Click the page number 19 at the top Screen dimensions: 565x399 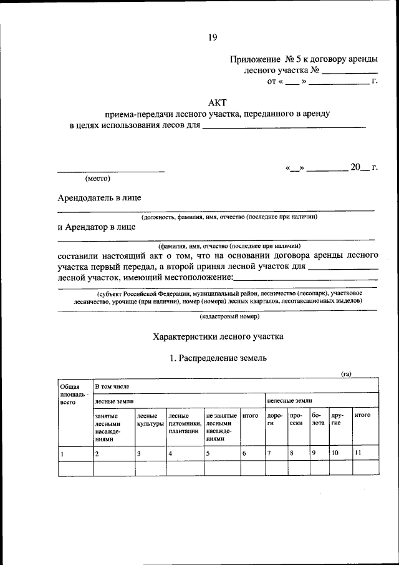click(x=213, y=37)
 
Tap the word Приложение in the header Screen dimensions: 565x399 click(x=254, y=59)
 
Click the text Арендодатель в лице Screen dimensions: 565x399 click(x=99, y=198)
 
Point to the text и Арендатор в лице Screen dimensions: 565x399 click(x=97, y=227)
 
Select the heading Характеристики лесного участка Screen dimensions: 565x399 click(x=218, y=337)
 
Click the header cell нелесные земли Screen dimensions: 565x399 click(x=289, y=400)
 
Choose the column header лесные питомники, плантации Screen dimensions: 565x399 click(x=185, y=423)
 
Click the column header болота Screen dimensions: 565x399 click(x=318, y=419)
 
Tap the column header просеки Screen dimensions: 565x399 click(x=296, y=419)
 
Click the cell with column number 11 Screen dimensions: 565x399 click(x=357, y=453)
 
